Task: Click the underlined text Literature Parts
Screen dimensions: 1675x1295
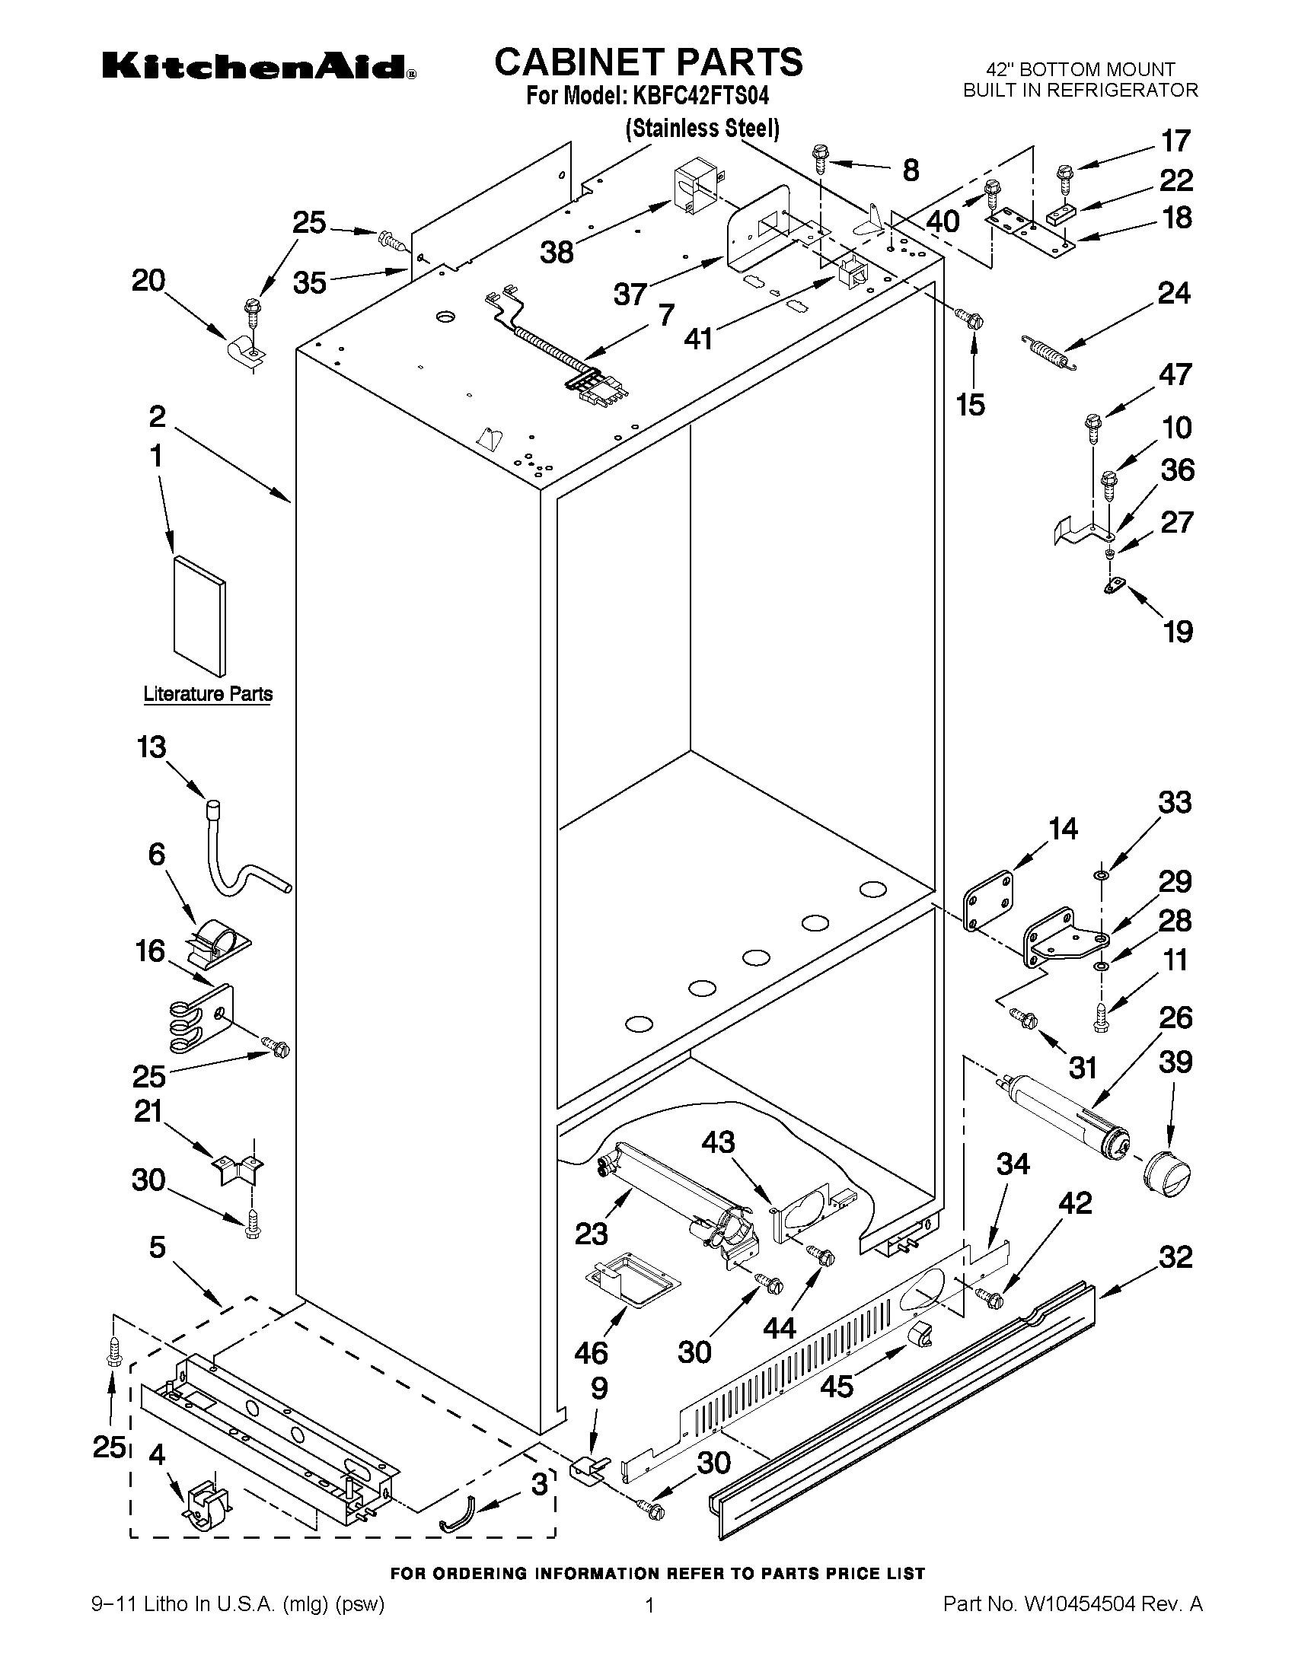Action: [208, 694]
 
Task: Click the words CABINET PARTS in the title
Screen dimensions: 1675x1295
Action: [649, 62]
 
